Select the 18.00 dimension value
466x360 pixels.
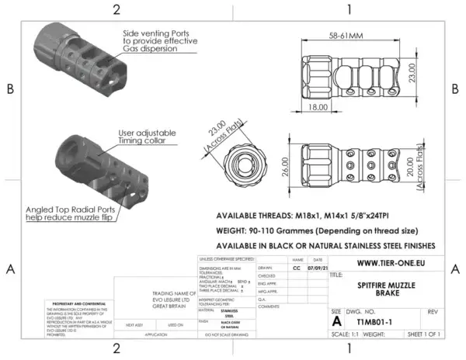click(x=318, y=107)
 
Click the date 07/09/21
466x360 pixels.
click(x=315, y=268)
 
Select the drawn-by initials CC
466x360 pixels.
click(x=296, y=268)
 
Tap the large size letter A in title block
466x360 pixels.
click(x=336, y=319)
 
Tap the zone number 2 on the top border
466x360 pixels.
click(x=116, y=10)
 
